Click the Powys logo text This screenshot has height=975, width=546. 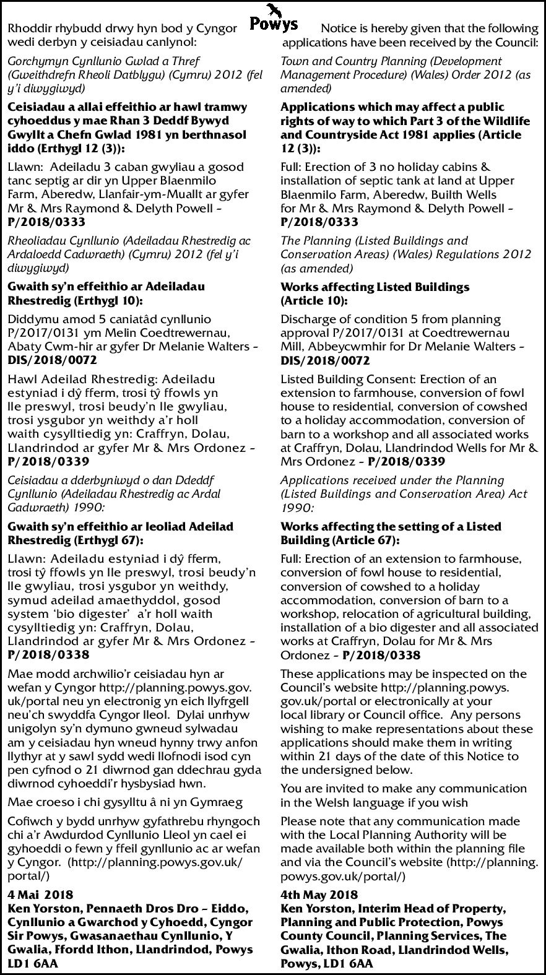(x=273, y=25)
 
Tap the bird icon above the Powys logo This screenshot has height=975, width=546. (x=273, y=9)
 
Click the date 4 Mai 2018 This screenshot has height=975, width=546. (x=40, y=895)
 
